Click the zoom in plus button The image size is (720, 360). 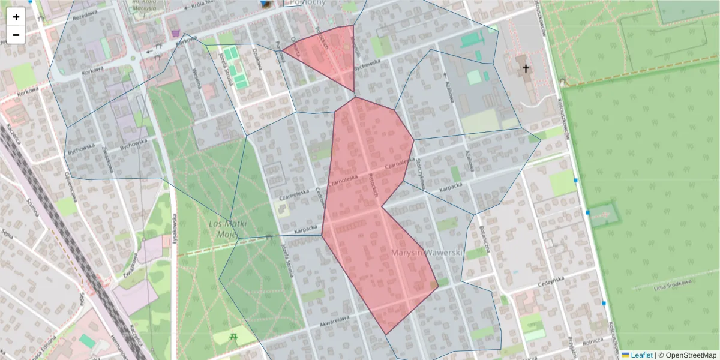pyautogui.click(x=16, y=17)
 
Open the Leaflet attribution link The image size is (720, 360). pyautogui.click(x=641, y=355)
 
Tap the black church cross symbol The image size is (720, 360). pyautogui.click(x=526, y=68)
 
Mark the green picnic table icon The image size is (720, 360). pyautogui.click(x=233, y=337)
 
